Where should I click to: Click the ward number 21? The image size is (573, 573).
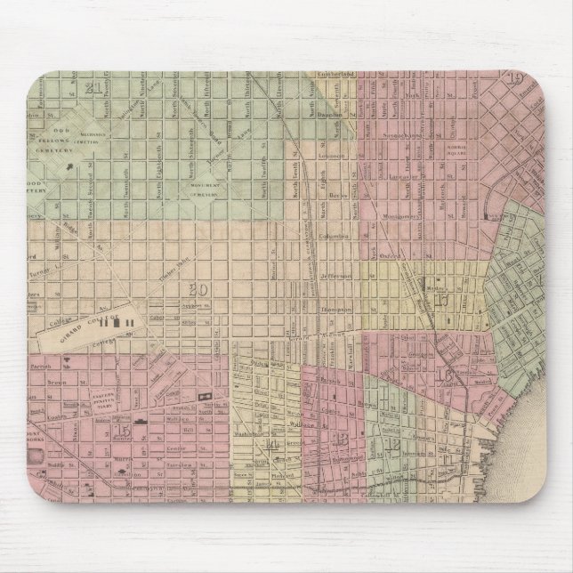coord(92,87)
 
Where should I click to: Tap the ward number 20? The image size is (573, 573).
coord(198,287)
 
